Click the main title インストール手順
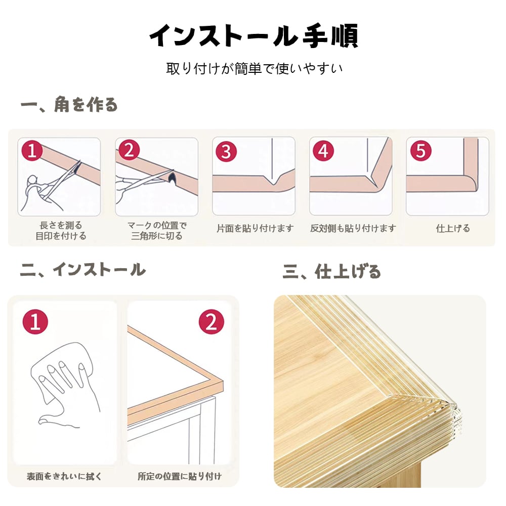coord(254,36)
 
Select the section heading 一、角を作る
coord(69,104)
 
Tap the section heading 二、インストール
coord(83,270)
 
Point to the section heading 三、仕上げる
coord(332,271)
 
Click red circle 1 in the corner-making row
coord(32,150)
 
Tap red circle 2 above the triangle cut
coord(129,150)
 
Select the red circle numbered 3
coord(226,151)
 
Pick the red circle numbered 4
coord(324,151)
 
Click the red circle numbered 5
coord(421,150)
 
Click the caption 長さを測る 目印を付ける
coord(61,230)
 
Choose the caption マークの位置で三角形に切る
coord(157,230)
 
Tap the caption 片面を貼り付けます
coord(255,228)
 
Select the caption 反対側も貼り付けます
coord(353,228)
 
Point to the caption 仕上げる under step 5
coord(453,229)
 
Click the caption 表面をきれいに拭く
coord(64,476)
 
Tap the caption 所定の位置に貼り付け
coord(180,476)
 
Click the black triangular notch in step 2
coord(172,177)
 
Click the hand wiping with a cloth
coord(65,384)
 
